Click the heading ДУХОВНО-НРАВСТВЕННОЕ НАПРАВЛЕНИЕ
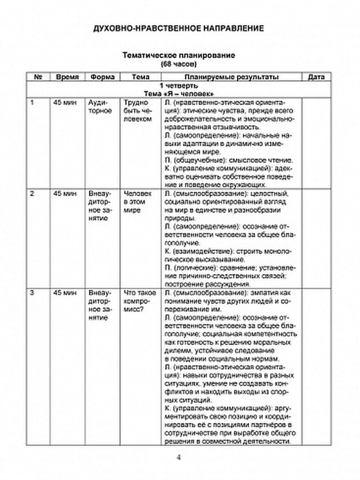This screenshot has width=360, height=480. click(x=178, y=28)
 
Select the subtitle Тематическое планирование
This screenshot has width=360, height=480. click(x=178, y=55)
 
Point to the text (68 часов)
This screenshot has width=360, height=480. click(x=178, y=64)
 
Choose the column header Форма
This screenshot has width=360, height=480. click(x=102, y=77)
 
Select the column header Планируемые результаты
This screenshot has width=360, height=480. click(x=232, y=77)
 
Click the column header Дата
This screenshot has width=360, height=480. click(x=316, y=77)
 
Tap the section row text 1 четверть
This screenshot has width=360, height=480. click(x=178, y=86)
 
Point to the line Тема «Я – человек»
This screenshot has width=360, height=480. click(x=178, y=94)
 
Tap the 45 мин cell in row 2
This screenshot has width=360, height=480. click(x=64, y=194)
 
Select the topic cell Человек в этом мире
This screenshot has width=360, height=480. click(x=135, y=202)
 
